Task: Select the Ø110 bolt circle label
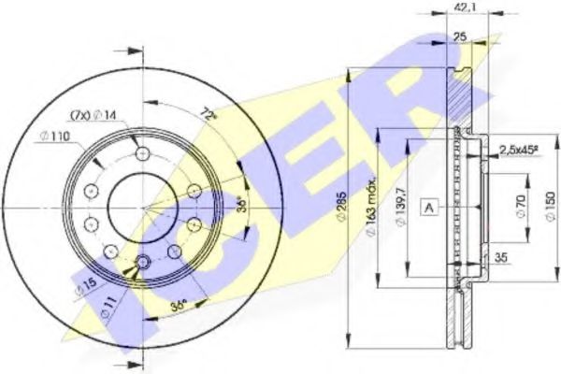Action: (55, 138)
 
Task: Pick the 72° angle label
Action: (209, 115)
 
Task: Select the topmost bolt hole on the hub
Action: (141, 154)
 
